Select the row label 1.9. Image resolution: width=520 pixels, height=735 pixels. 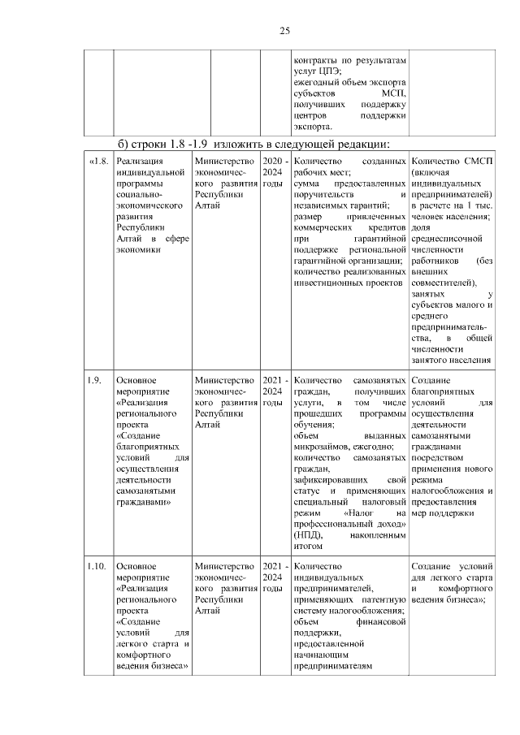pos(94,380)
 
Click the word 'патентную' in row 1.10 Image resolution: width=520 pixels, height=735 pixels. pos(386,599)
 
